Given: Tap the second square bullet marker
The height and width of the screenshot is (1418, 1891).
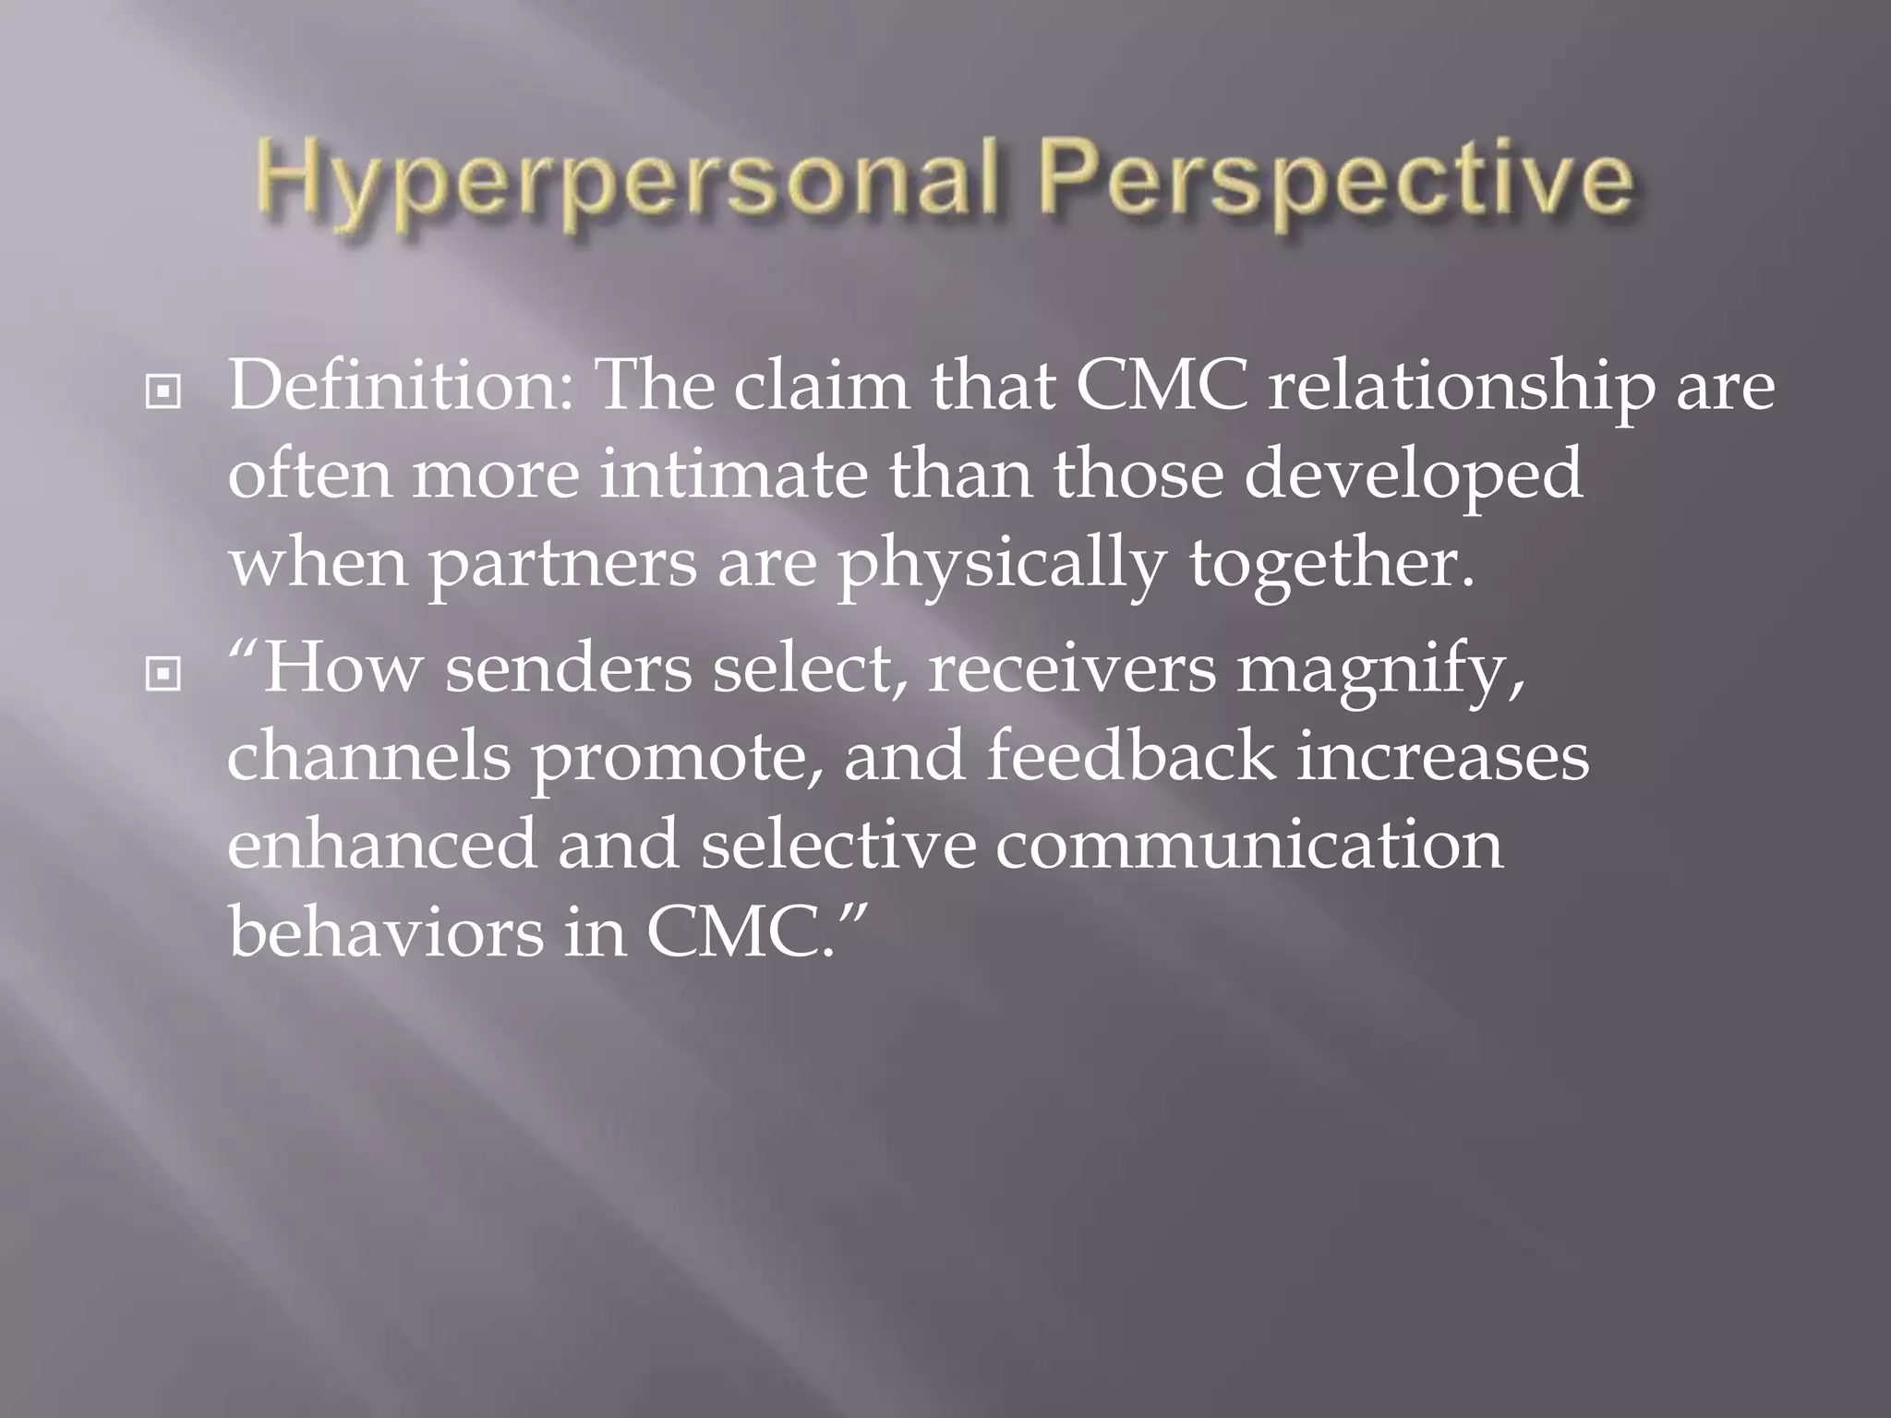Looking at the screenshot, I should (163, 675).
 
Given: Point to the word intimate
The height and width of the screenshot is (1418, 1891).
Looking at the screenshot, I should (734, 475).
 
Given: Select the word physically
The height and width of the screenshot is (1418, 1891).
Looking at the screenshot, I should (1000, 565).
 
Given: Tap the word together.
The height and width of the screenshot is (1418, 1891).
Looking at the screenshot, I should (1330, 565).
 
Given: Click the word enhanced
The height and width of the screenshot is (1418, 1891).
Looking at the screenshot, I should (381, 844).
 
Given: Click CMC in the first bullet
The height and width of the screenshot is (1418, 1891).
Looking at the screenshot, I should (1160, 385).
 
